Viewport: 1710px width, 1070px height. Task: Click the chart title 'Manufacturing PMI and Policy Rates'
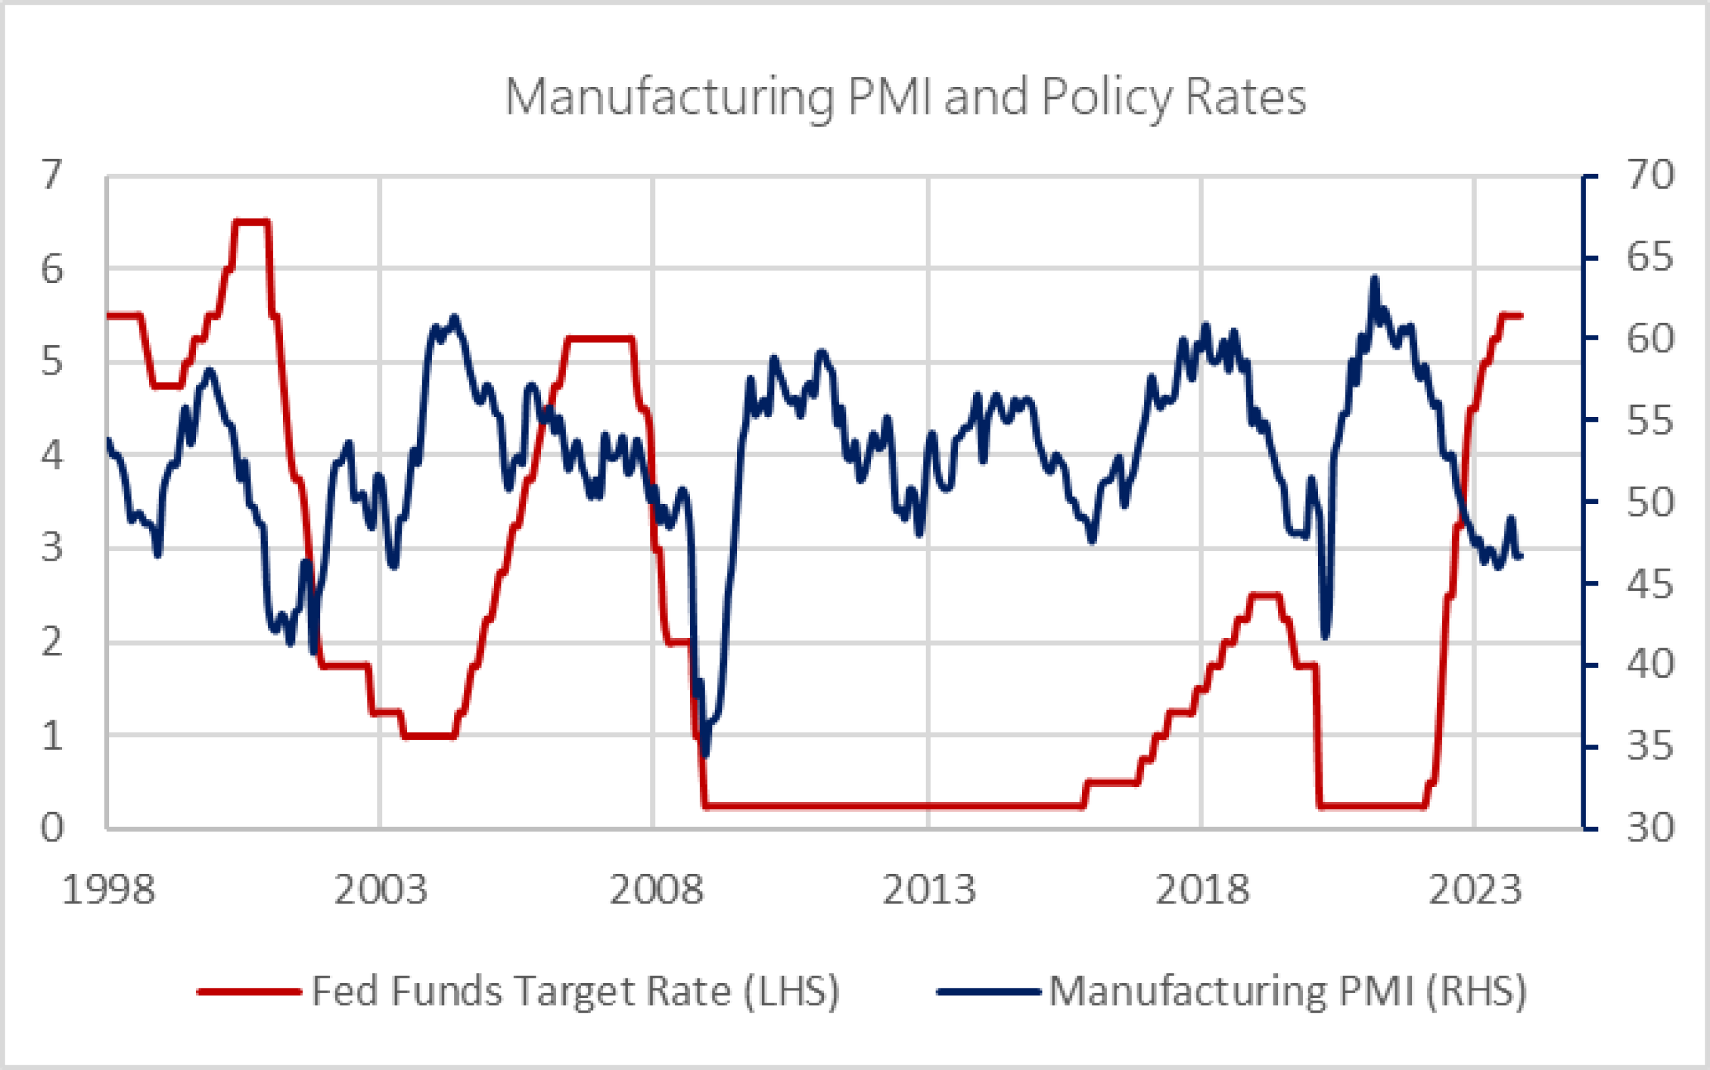pos(905,97)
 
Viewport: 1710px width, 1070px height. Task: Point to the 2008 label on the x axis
pos(656,889)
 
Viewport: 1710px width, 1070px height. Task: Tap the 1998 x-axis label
pos(108,889)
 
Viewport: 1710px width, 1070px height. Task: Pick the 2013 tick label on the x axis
pos(928,889)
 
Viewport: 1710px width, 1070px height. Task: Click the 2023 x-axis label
pos(1475,889)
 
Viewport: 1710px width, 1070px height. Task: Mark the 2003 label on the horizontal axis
pos(381,889)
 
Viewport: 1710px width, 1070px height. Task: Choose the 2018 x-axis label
pos(1202,889)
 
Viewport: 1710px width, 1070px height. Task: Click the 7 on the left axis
pos(52,175)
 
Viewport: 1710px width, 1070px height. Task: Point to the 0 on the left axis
pos(52,827)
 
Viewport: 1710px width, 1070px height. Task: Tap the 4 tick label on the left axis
pos(52,454)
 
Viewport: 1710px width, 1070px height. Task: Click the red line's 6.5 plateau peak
pos(252,222)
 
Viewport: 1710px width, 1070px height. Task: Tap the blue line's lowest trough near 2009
pos(705,755)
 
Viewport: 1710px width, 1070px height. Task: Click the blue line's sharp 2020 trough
pos(1325,637)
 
